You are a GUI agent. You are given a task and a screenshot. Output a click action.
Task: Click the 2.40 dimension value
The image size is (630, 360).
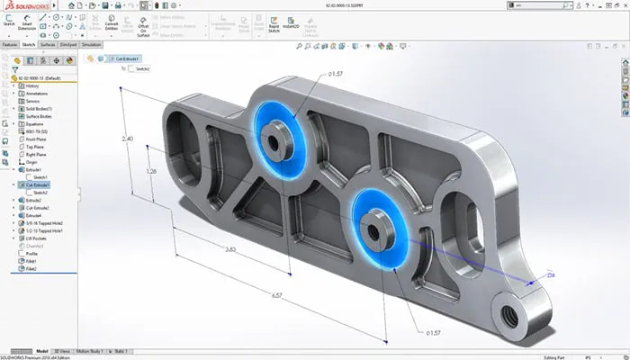128,139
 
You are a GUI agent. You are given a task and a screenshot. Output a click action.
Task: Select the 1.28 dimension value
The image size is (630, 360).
150,170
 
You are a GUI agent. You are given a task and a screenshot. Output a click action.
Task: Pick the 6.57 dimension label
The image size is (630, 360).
275,292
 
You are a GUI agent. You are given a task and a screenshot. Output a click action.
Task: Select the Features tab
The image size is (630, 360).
10,43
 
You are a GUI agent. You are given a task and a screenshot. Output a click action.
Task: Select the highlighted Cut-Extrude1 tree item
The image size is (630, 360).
38,184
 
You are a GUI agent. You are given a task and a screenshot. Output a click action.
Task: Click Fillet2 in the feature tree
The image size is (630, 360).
32,269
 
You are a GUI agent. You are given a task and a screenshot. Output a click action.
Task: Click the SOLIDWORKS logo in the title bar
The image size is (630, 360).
27,5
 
